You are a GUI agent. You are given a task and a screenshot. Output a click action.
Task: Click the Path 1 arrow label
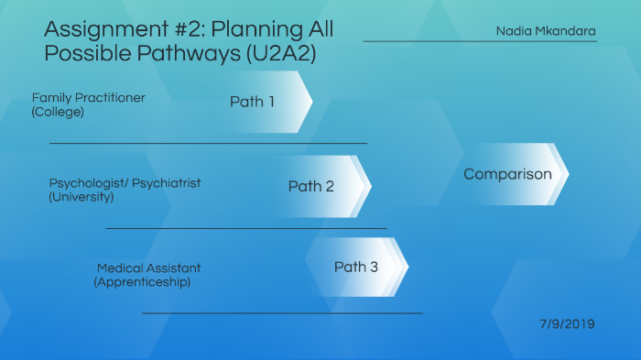click(x=252, y=102)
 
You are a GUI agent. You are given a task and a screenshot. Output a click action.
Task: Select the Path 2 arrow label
click(x=311, y=186)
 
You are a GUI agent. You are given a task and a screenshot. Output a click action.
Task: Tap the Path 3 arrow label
click(x=355, y=267)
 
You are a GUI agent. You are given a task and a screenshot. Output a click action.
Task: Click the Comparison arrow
click(x=507, y=174)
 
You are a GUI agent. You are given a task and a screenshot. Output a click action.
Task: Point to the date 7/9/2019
click(x=568, y=324)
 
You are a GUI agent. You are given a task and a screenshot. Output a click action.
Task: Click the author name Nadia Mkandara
click(x=546, y=31)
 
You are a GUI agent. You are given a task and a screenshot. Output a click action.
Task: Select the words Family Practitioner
click(x=88, y=98)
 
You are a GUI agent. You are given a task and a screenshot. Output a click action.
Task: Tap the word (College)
click(x=58, y=112)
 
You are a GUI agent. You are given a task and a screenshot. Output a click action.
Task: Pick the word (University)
click(x=81, y=197)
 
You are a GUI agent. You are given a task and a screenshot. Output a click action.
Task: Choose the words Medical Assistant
click(x=148, y=268)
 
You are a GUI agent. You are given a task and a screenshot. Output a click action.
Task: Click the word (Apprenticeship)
click(x=142, y=282)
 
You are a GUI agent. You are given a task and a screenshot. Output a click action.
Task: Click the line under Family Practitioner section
click(x=208, y=143)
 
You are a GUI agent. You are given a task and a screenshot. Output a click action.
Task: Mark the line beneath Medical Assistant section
click(x=282, y=313)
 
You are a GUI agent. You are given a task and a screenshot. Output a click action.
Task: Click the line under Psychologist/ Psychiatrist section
click(x=246, y=228)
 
